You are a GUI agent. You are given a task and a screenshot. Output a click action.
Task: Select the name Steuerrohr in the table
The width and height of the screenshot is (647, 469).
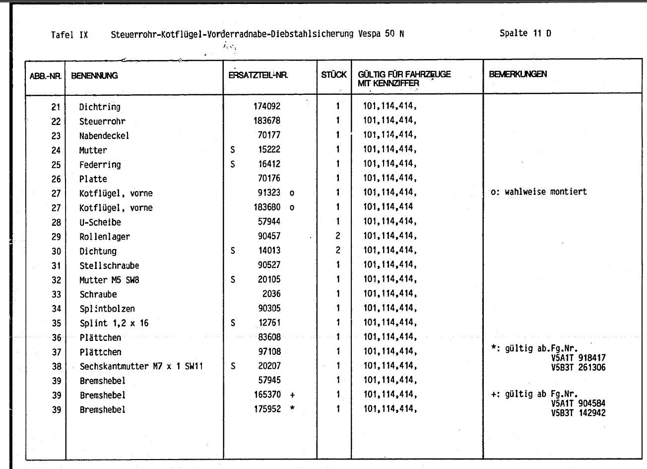tap(102, 121)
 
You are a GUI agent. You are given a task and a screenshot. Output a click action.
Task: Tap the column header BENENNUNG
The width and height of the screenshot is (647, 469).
tap(94, 75)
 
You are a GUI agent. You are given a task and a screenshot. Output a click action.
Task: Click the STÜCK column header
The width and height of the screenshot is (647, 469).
tap(334, 75)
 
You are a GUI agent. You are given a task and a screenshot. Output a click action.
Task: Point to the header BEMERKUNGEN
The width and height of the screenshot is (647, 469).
tap(518, 74)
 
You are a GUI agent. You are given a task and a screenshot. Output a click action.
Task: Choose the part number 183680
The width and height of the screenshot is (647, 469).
tap(267, 207)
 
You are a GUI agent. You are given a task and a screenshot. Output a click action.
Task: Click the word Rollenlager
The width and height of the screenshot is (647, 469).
tap(105, 237)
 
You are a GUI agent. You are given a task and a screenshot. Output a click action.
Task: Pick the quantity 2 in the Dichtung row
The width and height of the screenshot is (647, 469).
tap(338, 251)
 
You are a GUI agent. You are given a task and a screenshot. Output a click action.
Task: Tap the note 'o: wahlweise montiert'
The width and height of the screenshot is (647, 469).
tap(538, 192)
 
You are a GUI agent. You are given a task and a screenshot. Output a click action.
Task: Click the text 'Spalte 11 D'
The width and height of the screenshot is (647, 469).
tap(525, 33)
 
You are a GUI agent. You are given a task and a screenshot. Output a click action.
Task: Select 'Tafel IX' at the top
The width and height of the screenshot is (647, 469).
tap(69, 35)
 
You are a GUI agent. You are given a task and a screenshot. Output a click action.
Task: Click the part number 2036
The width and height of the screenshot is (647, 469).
tap(271, 294)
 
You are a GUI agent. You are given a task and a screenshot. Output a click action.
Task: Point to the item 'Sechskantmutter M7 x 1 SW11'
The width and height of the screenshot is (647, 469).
tap(141, 366)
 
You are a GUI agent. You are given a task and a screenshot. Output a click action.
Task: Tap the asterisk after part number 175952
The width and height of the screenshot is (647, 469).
tap(293, 409)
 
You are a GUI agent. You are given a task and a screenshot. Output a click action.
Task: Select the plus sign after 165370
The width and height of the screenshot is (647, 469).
tap(292, 395)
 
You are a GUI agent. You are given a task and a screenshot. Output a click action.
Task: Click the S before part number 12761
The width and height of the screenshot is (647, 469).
tap(233, 323)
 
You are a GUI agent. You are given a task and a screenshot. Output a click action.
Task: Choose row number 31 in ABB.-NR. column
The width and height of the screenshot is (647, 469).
tap(56, 266)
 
